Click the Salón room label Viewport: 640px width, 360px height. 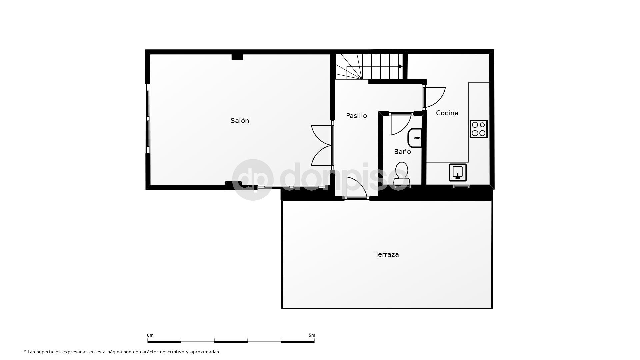click(x=240, y=121)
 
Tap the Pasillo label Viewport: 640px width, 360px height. click(x=356, y=116)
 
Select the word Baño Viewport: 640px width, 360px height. click(x=402, y=152)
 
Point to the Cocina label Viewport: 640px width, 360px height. click(x=447, y=113)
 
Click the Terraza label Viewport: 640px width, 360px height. click(x=387, y=254)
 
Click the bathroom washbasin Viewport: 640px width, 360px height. click(x=415, y=137)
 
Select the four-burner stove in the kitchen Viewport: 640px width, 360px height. click(x=479, y=129)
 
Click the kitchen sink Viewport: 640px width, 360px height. click(x=457, y=172)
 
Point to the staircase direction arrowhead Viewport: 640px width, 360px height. click(x=401, y=66)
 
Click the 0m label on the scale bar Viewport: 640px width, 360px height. click(x=150, y=335)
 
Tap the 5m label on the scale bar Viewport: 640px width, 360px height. click(x=312, y=335)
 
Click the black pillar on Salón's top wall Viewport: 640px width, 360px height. click(x=237, y=57)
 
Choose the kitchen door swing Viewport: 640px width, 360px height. click(x=435, y=97)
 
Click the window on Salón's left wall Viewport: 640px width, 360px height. click(x=148, y=118)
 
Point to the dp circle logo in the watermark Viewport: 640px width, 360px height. click(x=253, y=180)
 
